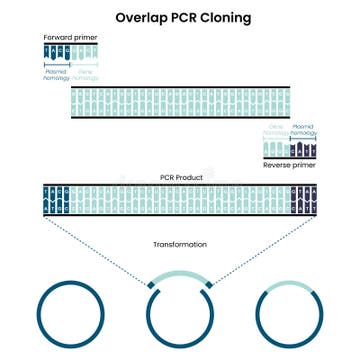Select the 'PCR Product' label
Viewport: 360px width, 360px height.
click(180, 177)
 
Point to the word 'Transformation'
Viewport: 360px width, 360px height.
click(180, 243)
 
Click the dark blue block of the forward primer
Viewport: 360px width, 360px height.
click(57, 51)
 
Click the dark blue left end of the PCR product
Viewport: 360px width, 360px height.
click(56, 201)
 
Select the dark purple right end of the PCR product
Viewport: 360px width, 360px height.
click(303, 201)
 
